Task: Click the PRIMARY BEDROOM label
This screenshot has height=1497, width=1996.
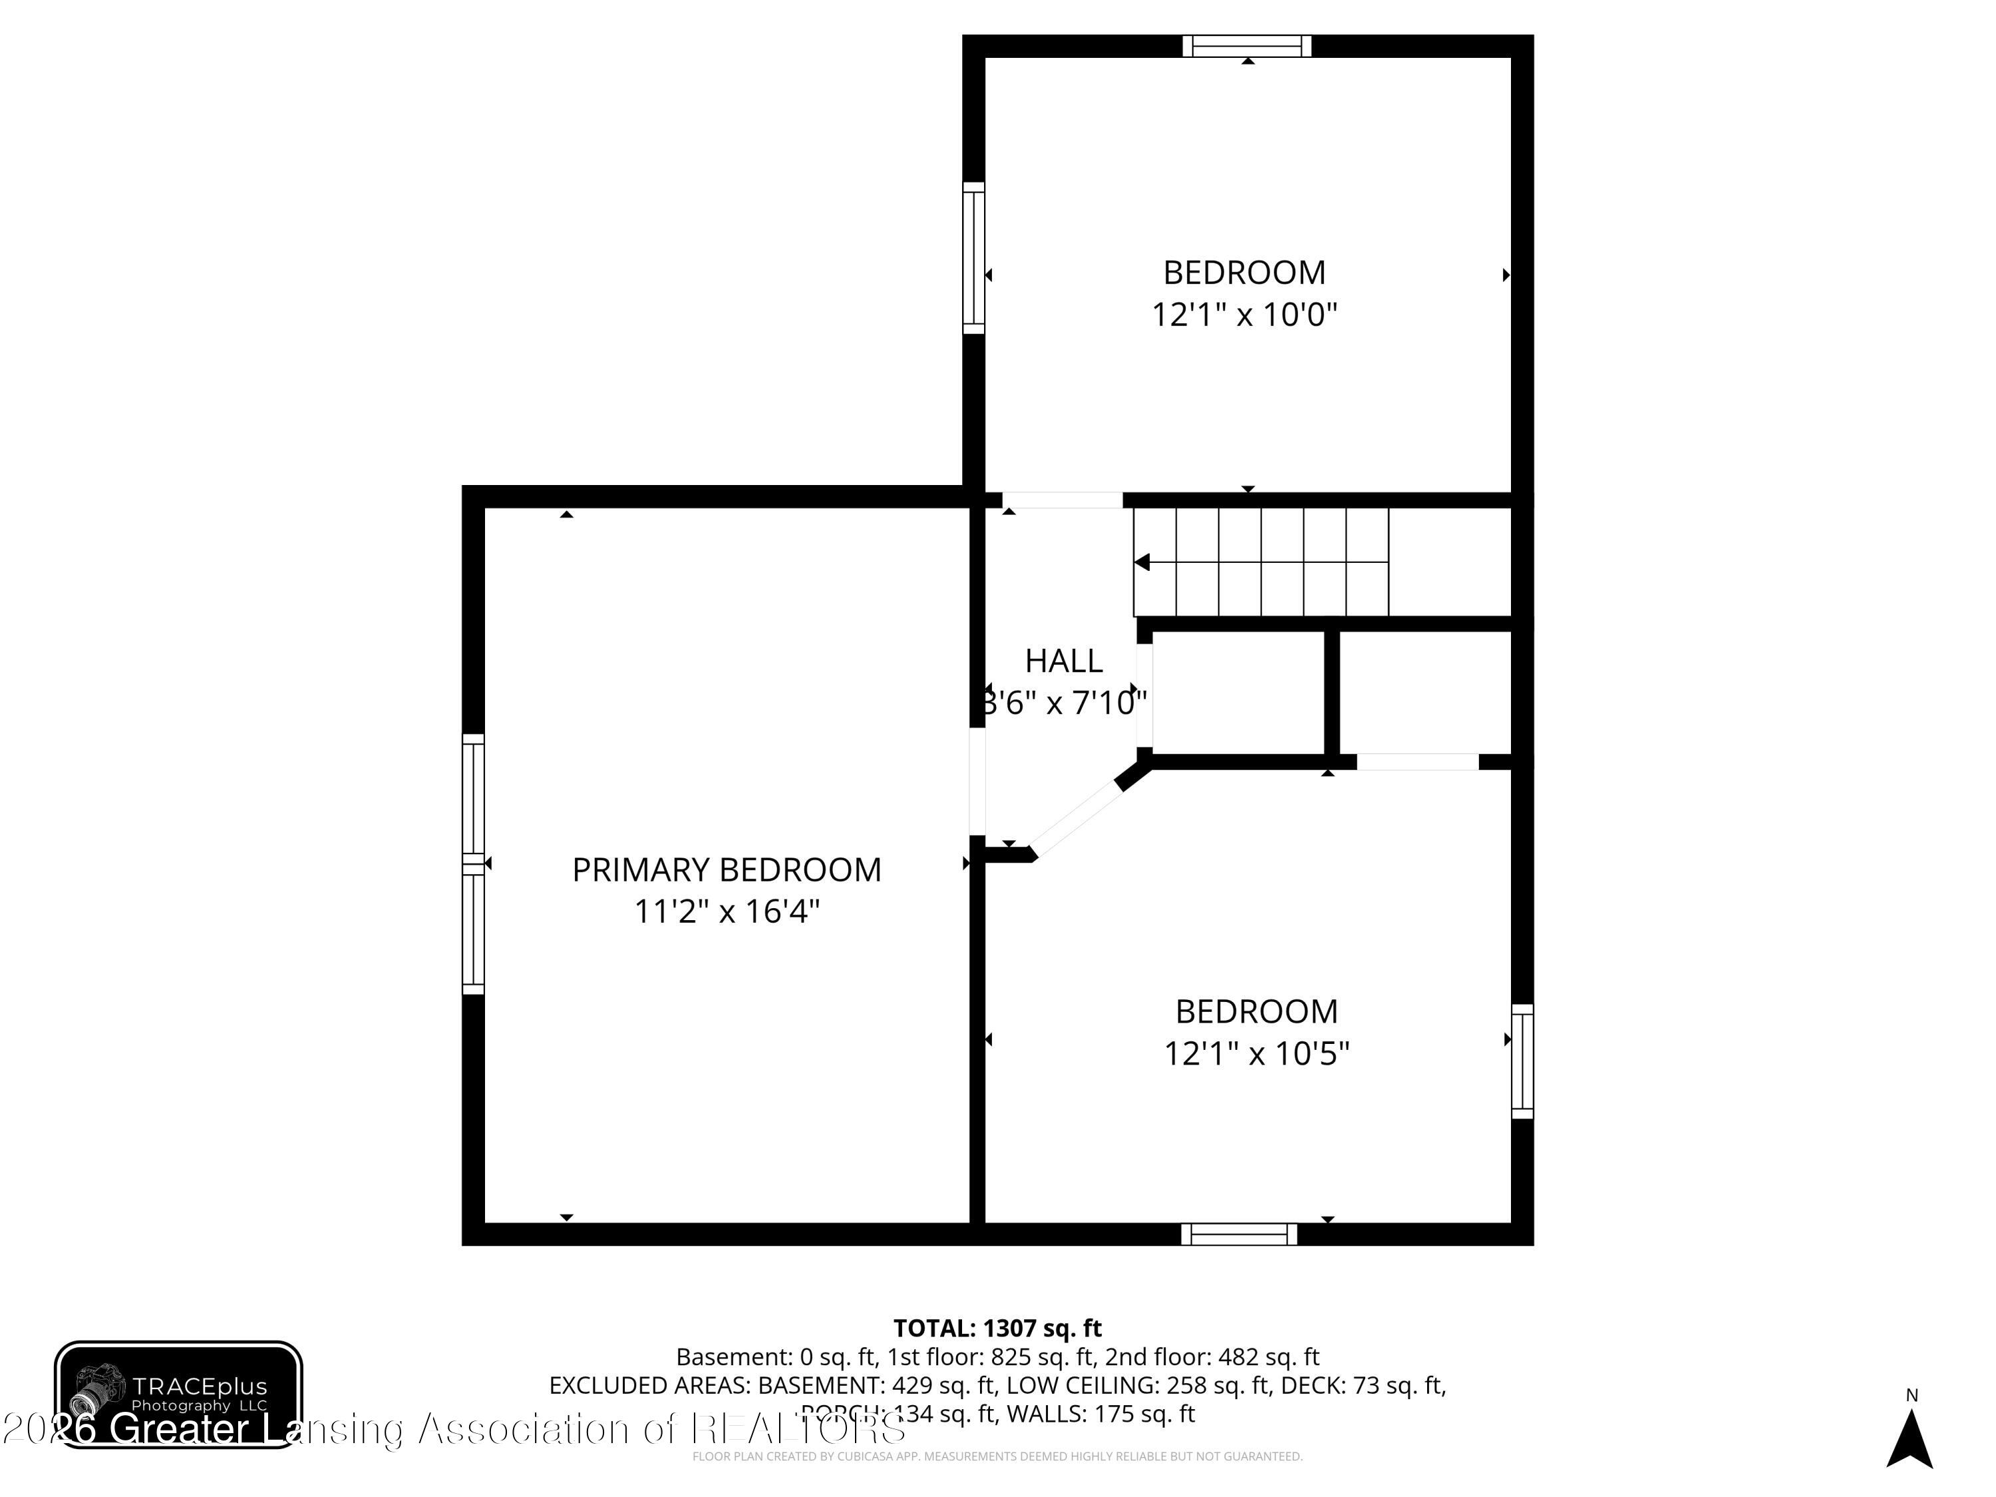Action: pos(727,870)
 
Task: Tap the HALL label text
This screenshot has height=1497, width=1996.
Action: pos(1063,661)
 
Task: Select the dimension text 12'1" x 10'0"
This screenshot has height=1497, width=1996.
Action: pos(1244,315)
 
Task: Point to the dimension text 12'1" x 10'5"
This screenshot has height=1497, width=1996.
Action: pos(1256,1053)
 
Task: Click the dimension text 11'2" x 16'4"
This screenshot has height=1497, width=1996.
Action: pos(727,912)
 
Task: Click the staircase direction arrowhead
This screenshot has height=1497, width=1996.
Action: pos(1142,563)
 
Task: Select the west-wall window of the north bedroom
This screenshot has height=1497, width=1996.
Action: pos(973,258)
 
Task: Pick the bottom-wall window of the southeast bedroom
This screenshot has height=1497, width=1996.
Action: pos(1239,1234)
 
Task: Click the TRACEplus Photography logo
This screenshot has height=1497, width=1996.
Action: pos(179,1394)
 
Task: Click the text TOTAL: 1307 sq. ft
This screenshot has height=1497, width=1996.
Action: pos(997,1328)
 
